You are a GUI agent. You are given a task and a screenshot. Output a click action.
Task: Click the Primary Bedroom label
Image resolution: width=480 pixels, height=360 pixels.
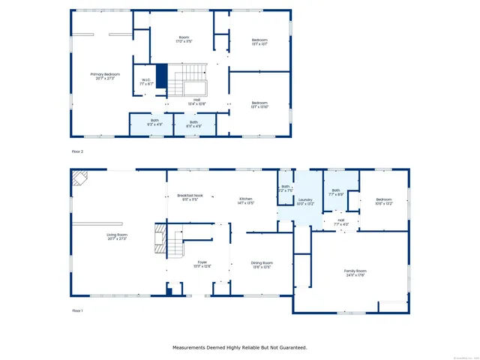(x=105, y=76)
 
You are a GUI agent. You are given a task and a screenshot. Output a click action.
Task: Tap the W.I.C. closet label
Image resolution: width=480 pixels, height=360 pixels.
(x=147, y=82)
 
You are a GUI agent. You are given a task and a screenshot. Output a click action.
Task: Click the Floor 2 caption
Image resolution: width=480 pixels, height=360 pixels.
(x=77, y=151)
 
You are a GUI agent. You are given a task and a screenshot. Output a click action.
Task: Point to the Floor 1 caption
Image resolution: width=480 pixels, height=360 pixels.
(x=77, y=310)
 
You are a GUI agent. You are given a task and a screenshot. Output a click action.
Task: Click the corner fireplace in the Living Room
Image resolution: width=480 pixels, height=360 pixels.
(x=79, y=178)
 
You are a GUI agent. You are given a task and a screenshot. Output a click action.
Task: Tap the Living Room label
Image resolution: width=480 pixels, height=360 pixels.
(x=116, y=236)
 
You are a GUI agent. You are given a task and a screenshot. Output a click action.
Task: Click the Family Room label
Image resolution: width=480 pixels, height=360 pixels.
(x=355, y=271)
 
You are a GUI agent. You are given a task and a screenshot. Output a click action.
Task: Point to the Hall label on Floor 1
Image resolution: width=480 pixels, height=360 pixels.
(x=340, y=220)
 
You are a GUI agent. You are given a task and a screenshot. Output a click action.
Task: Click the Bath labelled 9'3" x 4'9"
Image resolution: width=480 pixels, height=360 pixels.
(x=154, y=122)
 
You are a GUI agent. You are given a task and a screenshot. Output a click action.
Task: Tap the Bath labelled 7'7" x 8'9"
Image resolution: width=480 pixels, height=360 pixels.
(x=336, y=190)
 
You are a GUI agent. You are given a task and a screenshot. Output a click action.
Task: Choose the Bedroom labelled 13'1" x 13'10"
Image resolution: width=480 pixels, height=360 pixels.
(x=259, y=103)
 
